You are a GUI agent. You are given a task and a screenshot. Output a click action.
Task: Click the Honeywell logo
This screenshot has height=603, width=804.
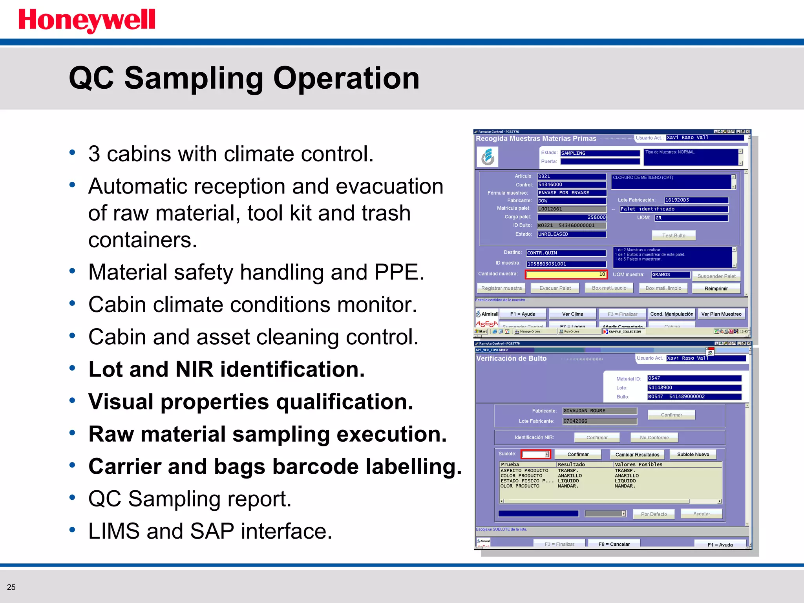click(x=87, y=20)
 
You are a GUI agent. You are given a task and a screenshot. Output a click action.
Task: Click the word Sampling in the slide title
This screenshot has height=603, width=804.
click(x=193, y=79)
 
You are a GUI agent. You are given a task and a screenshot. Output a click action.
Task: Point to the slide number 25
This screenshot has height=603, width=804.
click(x=11, y=587)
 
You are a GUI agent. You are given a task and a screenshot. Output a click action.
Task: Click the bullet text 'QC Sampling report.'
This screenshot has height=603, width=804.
click(x=190, y=499)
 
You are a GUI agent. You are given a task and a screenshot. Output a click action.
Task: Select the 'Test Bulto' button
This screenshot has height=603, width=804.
click(x=673, y=236)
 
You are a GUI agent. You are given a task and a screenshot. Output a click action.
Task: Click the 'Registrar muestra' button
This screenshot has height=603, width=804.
click(x=501, y=288)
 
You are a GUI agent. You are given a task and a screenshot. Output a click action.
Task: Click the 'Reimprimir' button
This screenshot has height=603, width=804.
click(x=716, y=289)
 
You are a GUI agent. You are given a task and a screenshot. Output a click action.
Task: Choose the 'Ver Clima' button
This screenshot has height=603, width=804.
click(x=572, y=314)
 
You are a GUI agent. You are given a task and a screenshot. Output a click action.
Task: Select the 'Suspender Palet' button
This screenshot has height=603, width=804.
click(x=716, y=276)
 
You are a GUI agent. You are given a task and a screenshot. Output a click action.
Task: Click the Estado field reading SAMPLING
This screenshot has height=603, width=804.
click(x=599, y=153)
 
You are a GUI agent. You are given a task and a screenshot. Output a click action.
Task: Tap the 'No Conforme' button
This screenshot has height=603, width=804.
click(x=654, y=437)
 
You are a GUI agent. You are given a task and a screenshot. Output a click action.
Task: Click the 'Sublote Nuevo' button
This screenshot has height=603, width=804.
click(x=693, y=455)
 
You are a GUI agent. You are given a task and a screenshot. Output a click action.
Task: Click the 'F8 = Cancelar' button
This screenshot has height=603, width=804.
click(x=614, y=544)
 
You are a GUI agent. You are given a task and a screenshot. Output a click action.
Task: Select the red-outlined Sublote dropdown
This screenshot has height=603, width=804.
click(x=535, y=454)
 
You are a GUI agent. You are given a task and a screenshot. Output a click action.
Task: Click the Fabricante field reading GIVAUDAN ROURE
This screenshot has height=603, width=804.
click(x=599, y=411)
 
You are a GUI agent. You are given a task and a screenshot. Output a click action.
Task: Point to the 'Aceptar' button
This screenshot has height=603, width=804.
click(x=701, y=513)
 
